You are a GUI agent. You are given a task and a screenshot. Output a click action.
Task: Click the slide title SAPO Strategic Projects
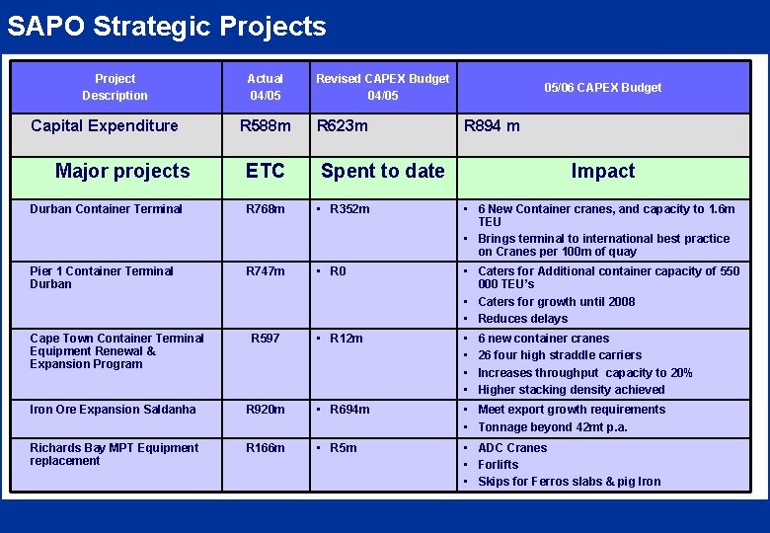(166, 26)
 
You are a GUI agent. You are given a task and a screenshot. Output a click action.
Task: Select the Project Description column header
(115, 87)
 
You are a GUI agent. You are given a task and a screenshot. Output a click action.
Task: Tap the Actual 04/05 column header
(265, 87)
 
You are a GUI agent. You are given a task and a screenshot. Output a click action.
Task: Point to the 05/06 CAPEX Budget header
(602, 87)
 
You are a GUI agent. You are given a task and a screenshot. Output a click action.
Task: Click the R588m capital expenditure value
(266, 126)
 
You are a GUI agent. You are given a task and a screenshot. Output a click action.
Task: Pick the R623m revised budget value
(342, 126)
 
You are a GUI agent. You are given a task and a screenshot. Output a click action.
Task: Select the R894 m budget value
(492, 126)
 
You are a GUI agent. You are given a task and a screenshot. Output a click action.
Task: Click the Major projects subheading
(122, 171)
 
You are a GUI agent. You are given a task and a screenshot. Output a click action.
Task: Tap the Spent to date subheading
(382, 171)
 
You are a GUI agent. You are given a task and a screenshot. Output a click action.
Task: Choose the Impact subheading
(602, 171)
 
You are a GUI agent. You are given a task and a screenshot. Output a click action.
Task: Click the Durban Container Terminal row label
(106, 209)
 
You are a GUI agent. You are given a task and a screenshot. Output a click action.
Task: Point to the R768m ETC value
(266, 209)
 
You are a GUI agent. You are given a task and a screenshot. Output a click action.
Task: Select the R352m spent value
(349, 209)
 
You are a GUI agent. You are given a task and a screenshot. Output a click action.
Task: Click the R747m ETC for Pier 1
(266, 271)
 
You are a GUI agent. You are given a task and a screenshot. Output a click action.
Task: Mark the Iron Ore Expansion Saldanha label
(113, 410)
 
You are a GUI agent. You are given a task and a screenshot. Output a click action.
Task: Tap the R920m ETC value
(266, 410)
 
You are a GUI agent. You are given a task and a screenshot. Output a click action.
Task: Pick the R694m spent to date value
(349, 410)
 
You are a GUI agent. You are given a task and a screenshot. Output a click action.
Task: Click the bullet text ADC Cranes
(511, 448)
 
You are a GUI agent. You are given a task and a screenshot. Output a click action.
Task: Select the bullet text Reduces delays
(522, 319)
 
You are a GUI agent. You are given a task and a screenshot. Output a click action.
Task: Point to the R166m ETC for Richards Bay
(266, 448)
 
